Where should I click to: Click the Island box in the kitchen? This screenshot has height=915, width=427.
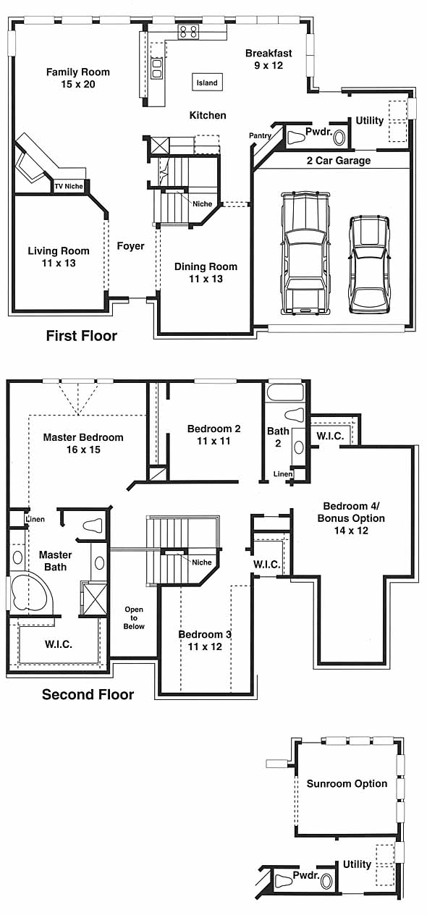tap(208, 83)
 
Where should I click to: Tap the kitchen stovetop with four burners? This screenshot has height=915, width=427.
tap(188, 32)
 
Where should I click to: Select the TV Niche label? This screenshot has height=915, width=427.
tap(69, 186)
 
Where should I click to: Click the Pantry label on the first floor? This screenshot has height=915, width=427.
tap(260, 135)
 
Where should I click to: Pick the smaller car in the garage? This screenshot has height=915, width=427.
tap(369, 264)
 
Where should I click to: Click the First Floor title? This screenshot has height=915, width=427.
tap(82, 336)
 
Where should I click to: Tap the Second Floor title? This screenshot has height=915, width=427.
tap(88, 694)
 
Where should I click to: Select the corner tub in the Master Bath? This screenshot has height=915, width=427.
tap(28, 592)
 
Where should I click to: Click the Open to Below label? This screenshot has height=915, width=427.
tap(134, 617)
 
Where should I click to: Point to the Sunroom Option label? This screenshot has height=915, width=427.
tap(347, 783)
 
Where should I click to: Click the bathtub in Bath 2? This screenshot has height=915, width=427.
tap(285, 392)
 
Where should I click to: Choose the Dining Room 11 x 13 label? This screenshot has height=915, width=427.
tap(206, 272)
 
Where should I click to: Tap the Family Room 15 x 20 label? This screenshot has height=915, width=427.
tap(78, 78)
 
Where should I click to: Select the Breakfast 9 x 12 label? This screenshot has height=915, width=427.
tap(269, 59)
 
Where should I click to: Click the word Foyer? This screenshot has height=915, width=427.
tap(130, 246)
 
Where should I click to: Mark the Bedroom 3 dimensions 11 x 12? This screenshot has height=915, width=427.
tap(205, 646)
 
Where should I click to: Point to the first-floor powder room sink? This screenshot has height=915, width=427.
tap(339, 138)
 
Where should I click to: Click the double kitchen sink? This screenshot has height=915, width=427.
tap(157, 68)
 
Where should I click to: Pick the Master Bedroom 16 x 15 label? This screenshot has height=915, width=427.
tap(83, 443)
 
